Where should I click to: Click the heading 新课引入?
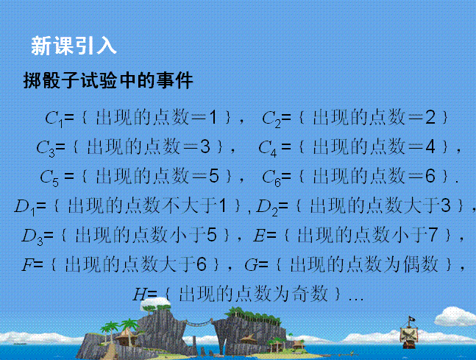tap(74, 46)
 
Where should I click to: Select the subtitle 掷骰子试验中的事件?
tap(108, 80)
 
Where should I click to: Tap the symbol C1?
tap(54, 119)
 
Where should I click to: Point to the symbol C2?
tap(271, 119)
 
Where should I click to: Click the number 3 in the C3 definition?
tap(205, 147)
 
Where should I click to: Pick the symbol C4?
tap(268, 148)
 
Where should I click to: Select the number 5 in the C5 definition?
tap(213, 176)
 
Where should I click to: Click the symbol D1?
tap(25, 208)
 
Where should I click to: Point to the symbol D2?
tap(267, 208)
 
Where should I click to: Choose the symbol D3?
tap(32, 236)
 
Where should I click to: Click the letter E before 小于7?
tap(259, 236)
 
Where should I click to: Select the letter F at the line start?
tap(27, 264)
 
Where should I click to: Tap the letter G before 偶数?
tap(251, 264)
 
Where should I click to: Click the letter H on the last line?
tap(140, 294)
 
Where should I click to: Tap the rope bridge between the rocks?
tap(199, 322)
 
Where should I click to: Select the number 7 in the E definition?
tap(433, 235)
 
